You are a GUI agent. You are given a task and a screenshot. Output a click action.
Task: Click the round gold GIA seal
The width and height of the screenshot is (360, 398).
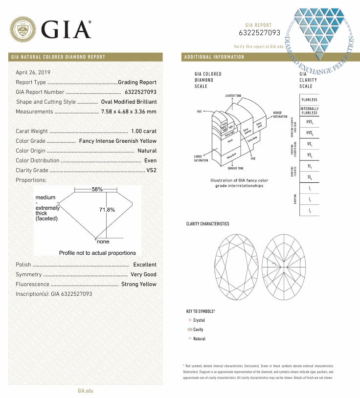pos(23,29)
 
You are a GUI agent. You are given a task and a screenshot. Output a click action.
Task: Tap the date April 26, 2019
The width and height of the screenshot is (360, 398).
pos(37,72)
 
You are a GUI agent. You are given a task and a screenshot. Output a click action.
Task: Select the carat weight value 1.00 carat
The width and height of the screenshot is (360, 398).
pos(144,131)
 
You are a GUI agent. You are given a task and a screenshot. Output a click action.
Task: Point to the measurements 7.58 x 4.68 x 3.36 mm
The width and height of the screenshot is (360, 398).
pos(129,111)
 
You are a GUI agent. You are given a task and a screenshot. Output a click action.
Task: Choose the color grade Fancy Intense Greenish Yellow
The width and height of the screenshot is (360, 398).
pos(118,141)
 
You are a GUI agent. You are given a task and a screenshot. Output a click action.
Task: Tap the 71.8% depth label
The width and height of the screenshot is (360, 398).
pos(107,210)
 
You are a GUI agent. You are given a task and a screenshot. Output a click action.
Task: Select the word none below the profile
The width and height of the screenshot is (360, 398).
pos(103,242)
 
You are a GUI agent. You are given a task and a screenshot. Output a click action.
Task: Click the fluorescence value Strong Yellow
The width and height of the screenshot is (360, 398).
pos(139,284)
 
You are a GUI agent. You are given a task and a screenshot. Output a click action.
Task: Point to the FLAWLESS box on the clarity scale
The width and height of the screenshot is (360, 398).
pos(309,100)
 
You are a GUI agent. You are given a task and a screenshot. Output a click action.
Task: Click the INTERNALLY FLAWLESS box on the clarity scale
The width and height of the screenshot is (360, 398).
pos(309,111)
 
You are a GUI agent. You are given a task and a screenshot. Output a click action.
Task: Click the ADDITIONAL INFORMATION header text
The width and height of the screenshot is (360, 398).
pos(214,57)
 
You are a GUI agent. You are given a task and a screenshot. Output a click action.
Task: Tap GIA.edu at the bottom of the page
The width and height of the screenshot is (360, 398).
pos(85,391)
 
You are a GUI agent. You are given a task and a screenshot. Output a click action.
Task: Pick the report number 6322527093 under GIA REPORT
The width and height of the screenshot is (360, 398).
pos(259,33)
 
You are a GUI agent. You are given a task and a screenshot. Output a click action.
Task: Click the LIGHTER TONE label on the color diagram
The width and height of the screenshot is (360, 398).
pos(233,95)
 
